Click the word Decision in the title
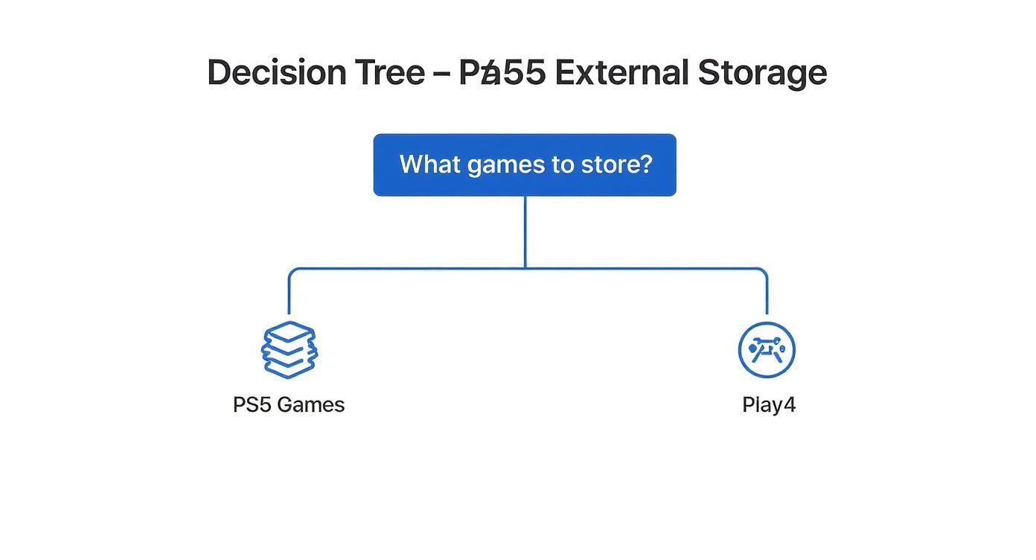coord(276,73)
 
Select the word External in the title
coord(621,73)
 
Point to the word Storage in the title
coord(762,73)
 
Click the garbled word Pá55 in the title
coord(502,73)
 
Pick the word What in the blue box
coord(430,164)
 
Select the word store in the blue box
coord(610,164)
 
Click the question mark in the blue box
coord(645,164)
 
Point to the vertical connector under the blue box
coord(525,231)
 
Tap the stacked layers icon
coord(290,349)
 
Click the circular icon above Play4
coord(767,349)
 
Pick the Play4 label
coord(769,405)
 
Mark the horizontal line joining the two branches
coord(409,268)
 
